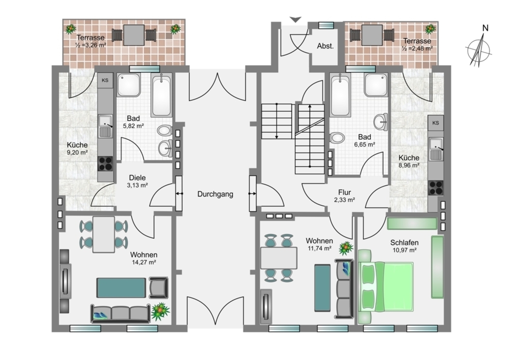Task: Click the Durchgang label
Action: click(x=215, y=194)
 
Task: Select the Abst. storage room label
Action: click(x=326, y=46)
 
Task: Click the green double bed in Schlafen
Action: click(x=386, y=286)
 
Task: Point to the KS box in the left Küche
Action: click(x=105, y=80)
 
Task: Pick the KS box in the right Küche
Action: click(x=436, y=123)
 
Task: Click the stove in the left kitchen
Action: click(x=105, y=164)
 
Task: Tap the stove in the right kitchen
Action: click(x=436, y=188)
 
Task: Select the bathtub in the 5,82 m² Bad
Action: click(x=161, y=95)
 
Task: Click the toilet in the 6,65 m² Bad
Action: click(x=337, y=138)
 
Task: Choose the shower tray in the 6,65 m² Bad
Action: click(x=376, y=85)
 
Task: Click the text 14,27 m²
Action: click(x=144, y=262)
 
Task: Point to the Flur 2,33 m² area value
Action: click(x=345, y=200)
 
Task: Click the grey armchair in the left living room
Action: click(x=159, y=288)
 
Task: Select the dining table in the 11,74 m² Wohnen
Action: click(x=279, y=258)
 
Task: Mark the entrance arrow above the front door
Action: click(x=295, y=20)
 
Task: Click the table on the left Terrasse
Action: click(x=134, y=35)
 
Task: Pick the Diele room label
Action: click(x=137, y=178)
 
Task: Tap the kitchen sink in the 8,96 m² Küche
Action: click(x=436, y=149)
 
